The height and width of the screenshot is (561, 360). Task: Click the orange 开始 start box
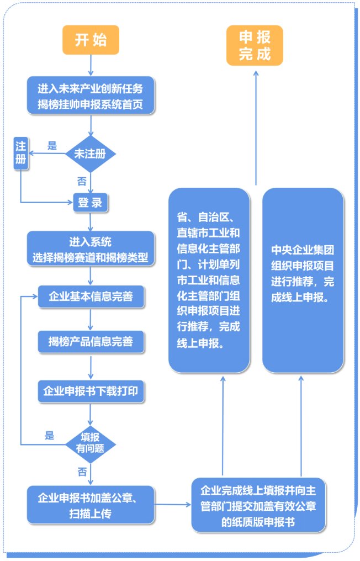91,40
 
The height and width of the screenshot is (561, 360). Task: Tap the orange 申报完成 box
255,46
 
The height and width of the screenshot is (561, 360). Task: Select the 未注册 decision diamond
91,154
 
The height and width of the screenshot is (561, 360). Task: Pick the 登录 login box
91,203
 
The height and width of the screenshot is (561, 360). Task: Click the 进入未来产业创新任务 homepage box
91,96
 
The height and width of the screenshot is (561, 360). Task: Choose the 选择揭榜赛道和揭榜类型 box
91,250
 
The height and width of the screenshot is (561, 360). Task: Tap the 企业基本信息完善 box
91,297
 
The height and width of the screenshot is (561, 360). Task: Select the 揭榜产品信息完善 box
91,342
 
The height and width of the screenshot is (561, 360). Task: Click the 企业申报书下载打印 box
91,391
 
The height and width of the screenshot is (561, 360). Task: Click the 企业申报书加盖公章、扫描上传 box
91,505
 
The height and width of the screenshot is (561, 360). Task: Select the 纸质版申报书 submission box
258,505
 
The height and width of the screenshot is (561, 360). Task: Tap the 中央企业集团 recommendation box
303,280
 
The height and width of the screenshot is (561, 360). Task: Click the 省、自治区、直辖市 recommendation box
209,280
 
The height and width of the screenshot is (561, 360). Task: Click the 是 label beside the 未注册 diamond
52,146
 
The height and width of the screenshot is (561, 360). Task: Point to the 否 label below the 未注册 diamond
81,182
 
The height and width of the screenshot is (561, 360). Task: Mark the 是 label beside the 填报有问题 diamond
50,436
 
